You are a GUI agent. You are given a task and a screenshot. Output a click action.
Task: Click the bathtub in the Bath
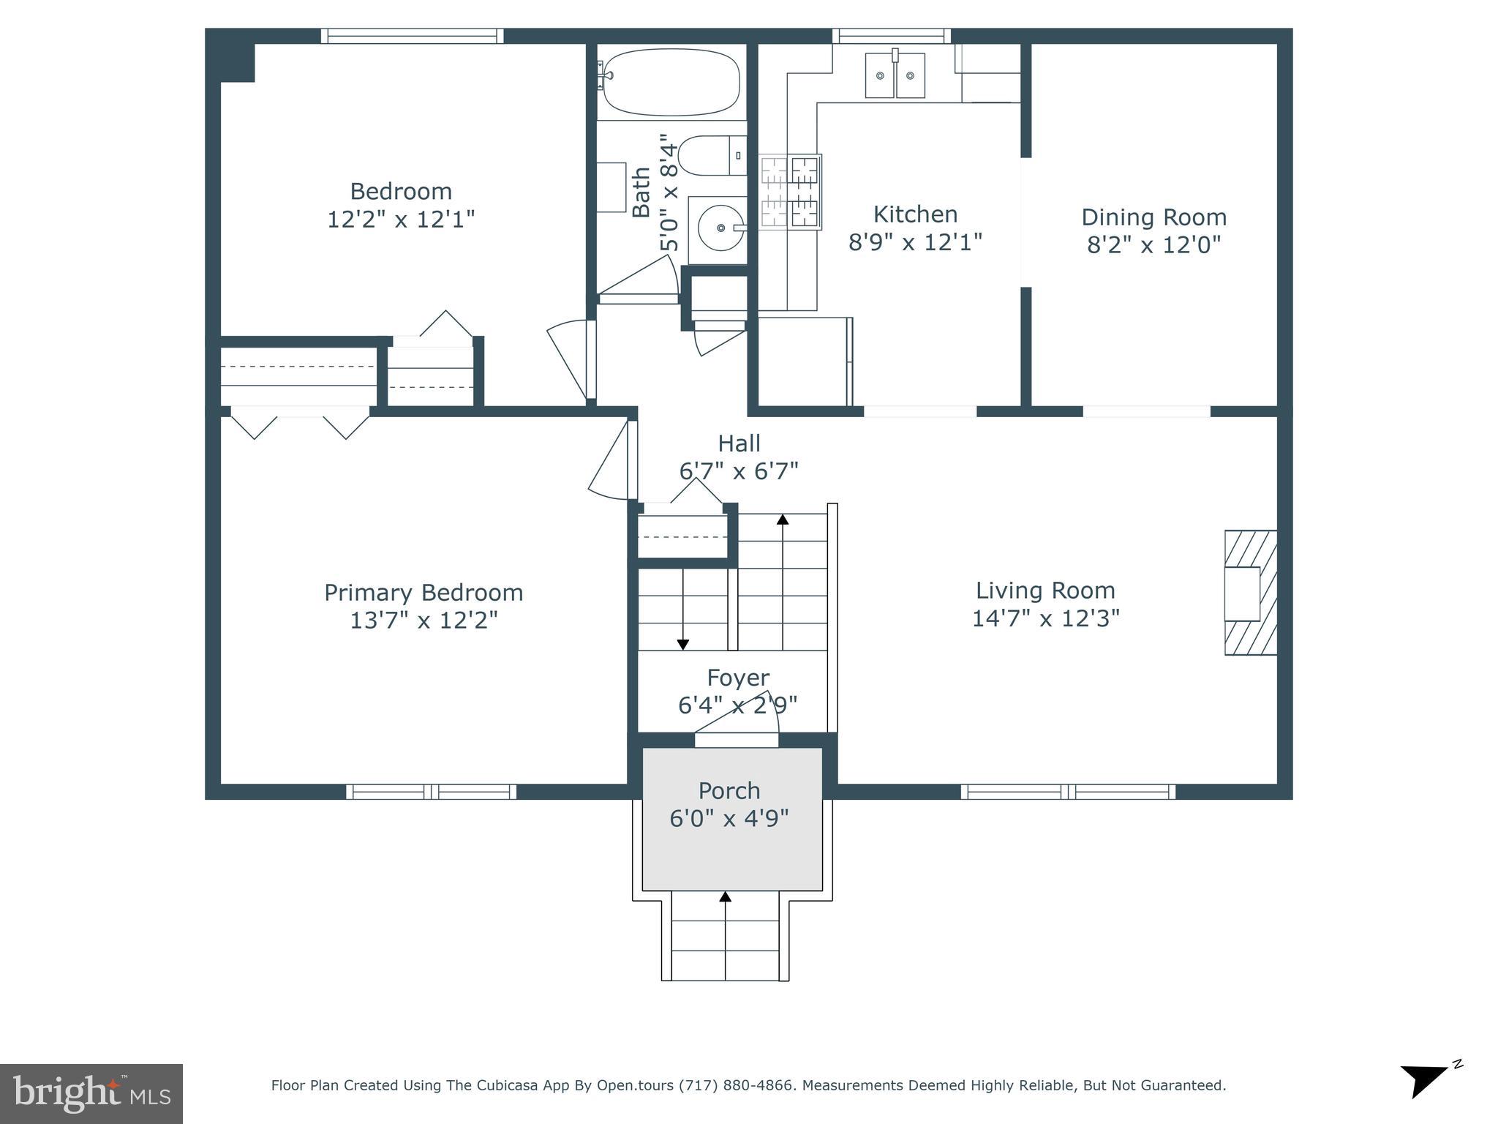[x=670, y=82]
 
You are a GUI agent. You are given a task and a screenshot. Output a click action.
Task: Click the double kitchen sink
[x=895, y=75]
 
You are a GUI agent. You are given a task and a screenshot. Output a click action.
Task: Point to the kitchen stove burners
[x=790, y=192]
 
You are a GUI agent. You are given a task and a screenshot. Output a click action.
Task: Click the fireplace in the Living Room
[x=1250, y=593]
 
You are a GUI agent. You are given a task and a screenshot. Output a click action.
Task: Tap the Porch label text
[x=729, y=791]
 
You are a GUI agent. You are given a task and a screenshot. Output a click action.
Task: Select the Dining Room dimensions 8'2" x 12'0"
[x=1153, y=245]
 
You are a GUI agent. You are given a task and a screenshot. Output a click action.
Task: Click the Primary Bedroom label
[x=424, y=593]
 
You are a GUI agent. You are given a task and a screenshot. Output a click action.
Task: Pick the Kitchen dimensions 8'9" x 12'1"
[x=915, y=242]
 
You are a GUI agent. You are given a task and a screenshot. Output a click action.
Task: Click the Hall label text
[x=739, y=443]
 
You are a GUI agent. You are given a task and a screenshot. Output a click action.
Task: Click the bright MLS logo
[x=91, y=1094]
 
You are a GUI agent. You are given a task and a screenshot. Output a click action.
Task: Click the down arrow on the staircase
[x=682, y=643]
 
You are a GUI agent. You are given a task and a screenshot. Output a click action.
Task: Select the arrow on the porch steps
[x=725, y=897]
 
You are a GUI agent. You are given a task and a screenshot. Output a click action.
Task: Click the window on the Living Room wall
[x=1068, y=791]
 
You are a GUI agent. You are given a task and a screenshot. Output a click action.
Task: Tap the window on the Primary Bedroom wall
[x=432, y=791]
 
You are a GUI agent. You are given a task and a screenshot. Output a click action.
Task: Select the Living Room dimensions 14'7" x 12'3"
[x=1045, y=619]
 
